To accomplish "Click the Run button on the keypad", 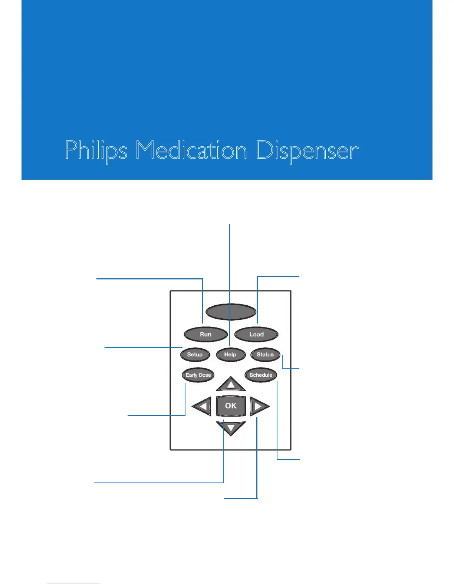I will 205,334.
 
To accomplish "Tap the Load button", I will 256,334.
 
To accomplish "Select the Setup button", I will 195,355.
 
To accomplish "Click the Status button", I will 265,355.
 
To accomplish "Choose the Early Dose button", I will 198,375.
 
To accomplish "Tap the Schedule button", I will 261,375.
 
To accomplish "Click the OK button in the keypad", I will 231,406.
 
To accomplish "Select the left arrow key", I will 202,407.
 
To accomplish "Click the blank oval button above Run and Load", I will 231,312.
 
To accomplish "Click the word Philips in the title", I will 96,151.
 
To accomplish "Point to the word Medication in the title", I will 191,151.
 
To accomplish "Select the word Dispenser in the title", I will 307,151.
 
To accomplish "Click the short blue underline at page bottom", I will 73,584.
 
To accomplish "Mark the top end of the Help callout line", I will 230,224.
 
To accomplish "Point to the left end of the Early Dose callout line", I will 128,415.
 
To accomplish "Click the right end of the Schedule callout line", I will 299,460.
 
